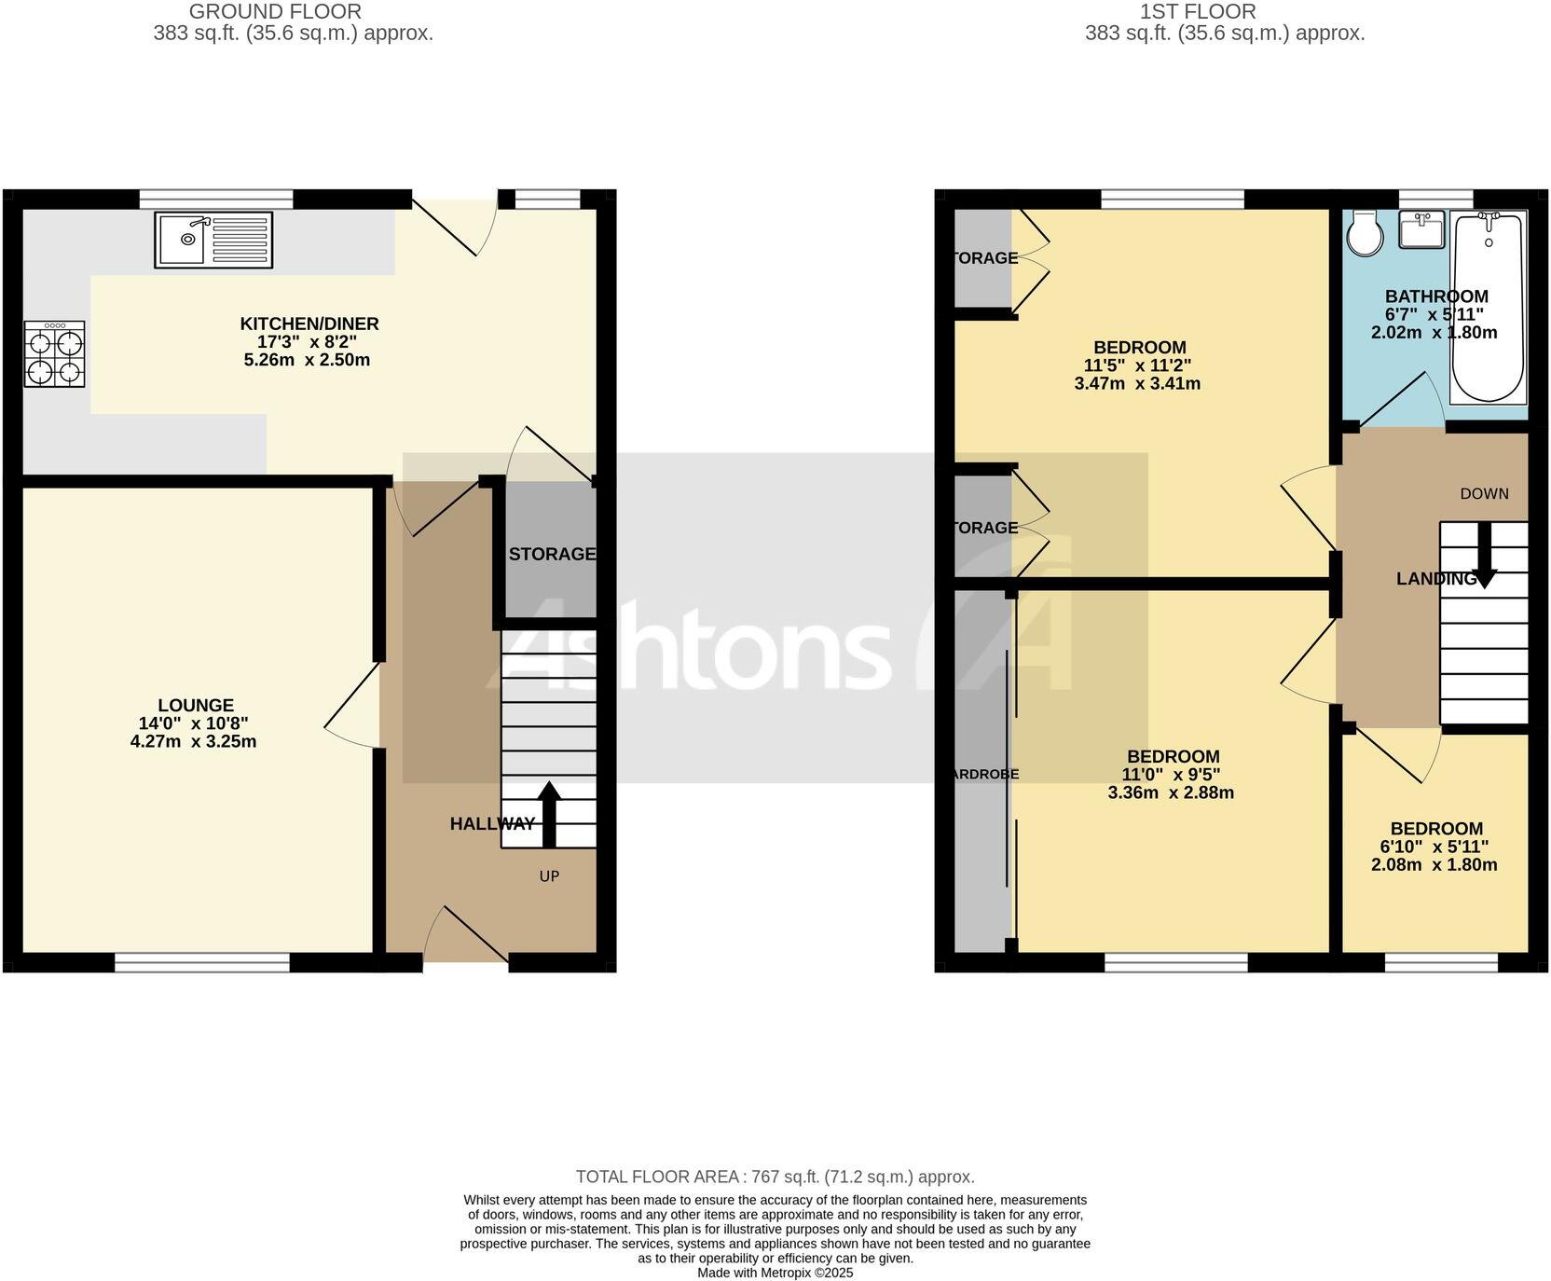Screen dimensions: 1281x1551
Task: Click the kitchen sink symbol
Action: pyautogui.click(x=214, y=240)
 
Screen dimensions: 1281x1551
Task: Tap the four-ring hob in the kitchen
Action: pyautogui.click(x=55, y=354)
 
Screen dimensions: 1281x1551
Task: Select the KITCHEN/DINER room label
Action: pyautogui.click(x=309, y=324)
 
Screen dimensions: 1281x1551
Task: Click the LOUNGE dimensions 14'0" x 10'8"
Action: pyautogui.click(x=193, y=723)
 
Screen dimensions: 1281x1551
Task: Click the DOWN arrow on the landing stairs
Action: pyautogui.click(x=1484, y=555)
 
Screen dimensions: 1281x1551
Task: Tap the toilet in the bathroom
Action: pyautogui.click(x=1366, y=232)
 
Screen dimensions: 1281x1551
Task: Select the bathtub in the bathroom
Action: pyautogui.click(x=1489, y=307)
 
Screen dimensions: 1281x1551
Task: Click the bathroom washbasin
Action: pyautogui.click(x=1421, y=229)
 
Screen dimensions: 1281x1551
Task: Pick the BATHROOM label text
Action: pyautogui.click(x=1435, y=296)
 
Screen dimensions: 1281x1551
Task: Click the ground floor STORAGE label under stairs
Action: pyautogui.click(x=552, y=554)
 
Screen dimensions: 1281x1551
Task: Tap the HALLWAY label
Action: pyautogui.click(x=492, y=823)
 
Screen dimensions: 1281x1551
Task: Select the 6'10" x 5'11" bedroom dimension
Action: pyautogui.click(x=1435, y=847)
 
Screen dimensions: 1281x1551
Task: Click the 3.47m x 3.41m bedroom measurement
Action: pyautogui.click(x=1137, y=383)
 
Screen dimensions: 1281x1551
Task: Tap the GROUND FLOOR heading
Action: pyautogui.click(x=275, y=12)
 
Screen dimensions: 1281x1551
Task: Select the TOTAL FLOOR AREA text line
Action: pyautogui.click(x=775, y=1177)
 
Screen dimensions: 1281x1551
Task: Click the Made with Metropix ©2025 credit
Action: pyautogui.click(x=775, y=1273)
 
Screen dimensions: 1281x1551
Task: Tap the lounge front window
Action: pyautogui.click(x=201, y=961)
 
